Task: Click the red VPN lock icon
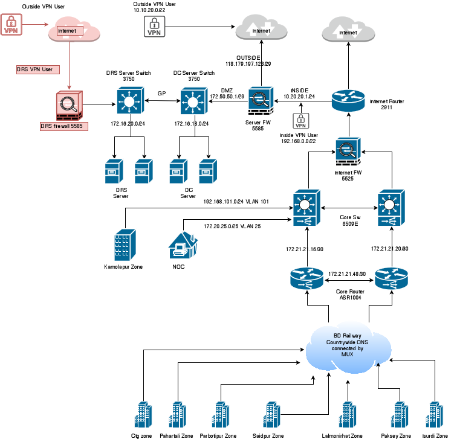point(11,25)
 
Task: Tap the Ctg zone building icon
point(141,415)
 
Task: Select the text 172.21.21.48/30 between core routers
point(347,274)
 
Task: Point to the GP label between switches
point(161,94)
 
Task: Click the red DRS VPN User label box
point(34,69)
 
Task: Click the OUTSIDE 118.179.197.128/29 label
point(248,60)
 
